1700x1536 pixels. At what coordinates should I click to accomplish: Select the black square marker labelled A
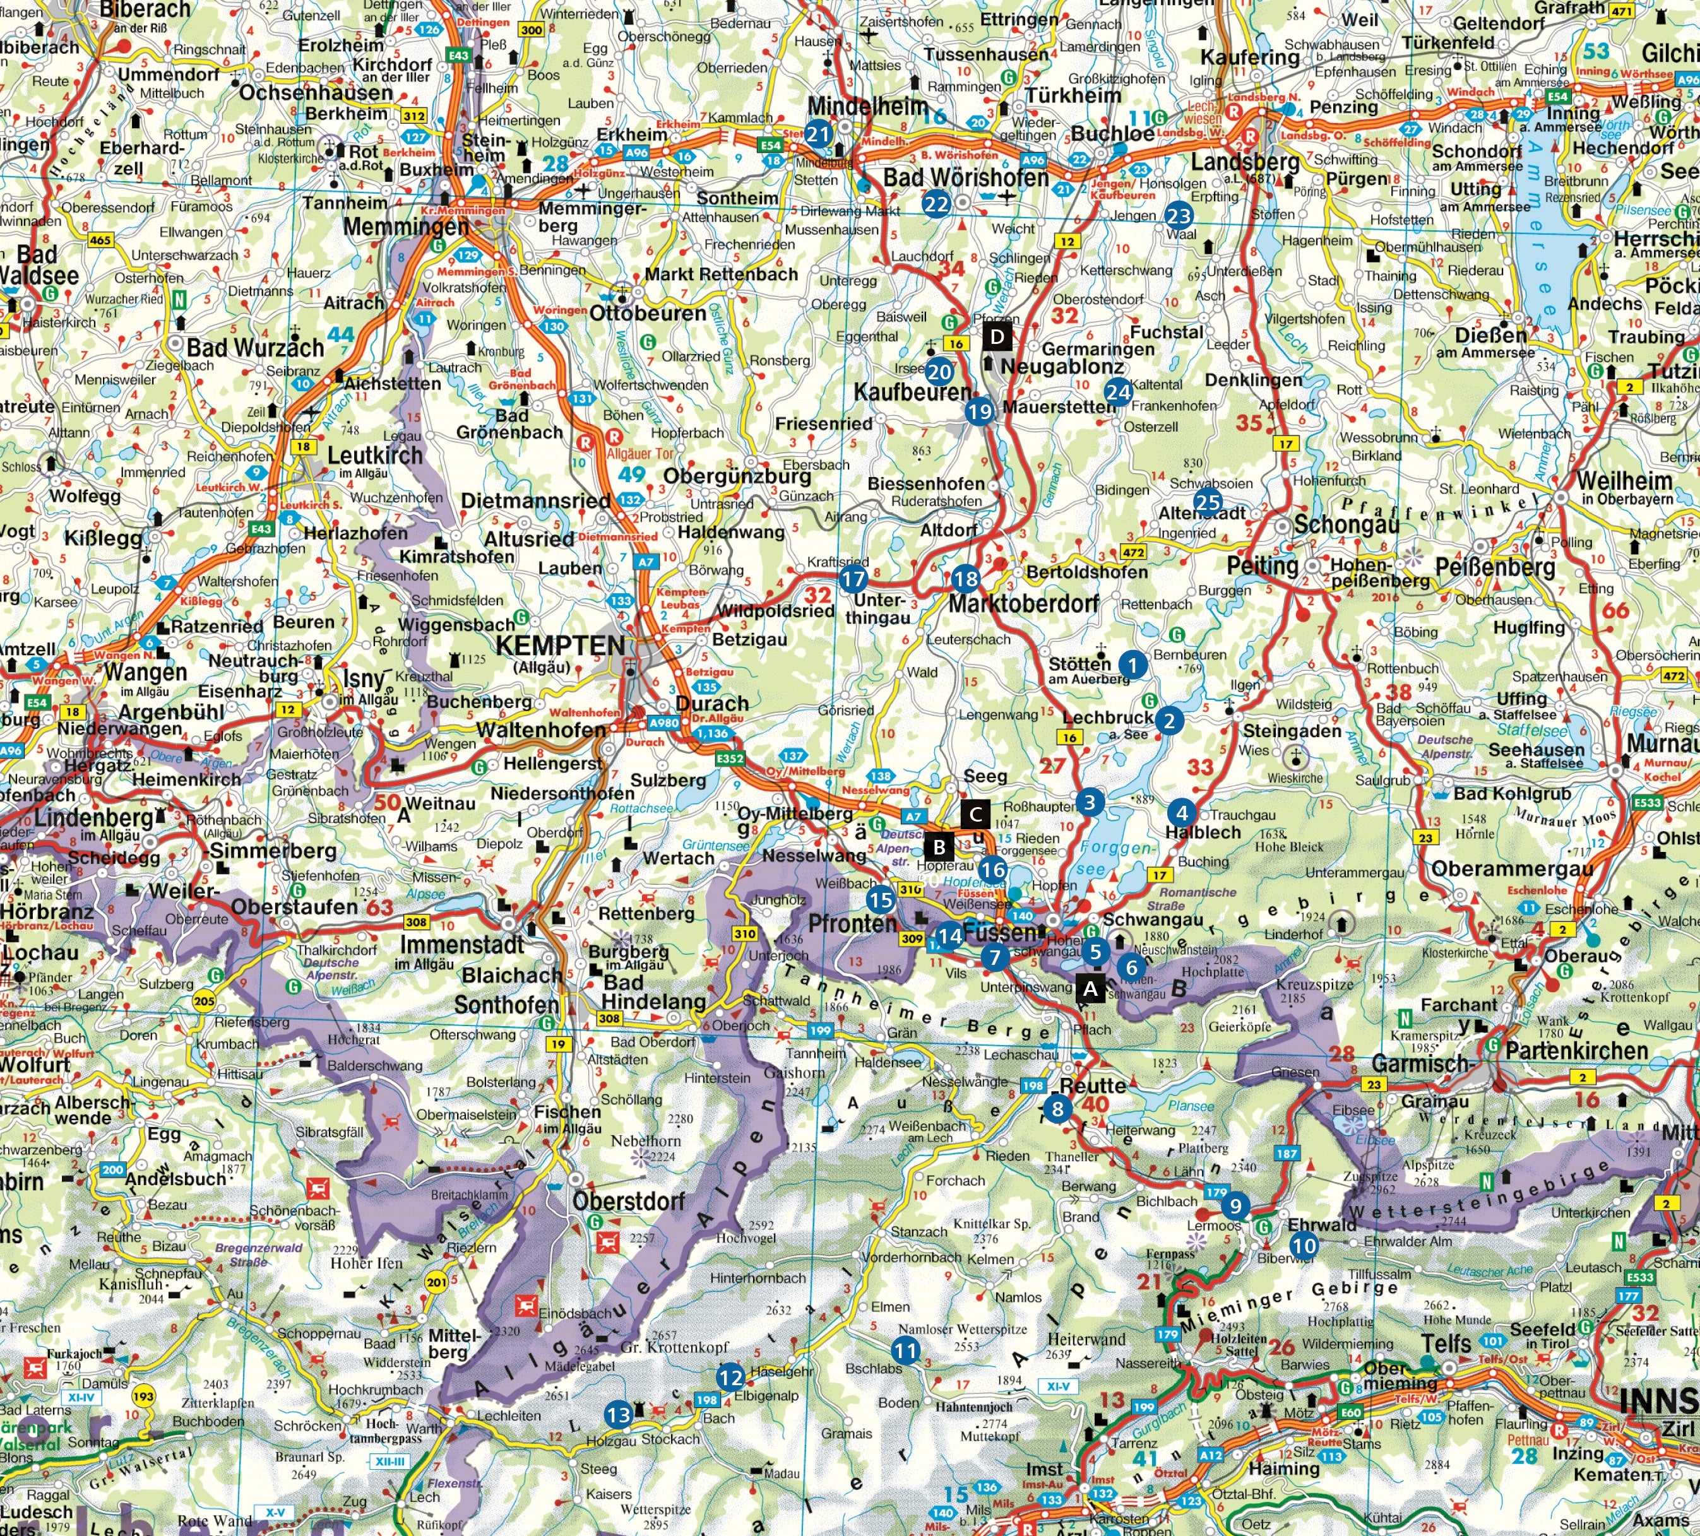1090,988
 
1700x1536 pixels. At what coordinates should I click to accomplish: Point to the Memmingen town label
406,227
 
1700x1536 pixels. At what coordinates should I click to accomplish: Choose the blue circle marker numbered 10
1304,1244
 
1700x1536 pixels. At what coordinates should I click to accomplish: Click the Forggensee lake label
1115,858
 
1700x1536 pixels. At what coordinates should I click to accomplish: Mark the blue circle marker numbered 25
1208,502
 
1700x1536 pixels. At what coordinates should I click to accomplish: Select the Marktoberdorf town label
1023,604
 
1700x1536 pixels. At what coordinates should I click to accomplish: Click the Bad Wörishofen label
966,178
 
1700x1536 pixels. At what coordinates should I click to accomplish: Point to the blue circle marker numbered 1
1133,665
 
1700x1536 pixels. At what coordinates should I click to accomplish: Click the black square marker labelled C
976,813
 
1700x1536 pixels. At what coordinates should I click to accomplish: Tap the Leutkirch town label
375,455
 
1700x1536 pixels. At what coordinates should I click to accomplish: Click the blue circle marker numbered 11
906,1350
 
